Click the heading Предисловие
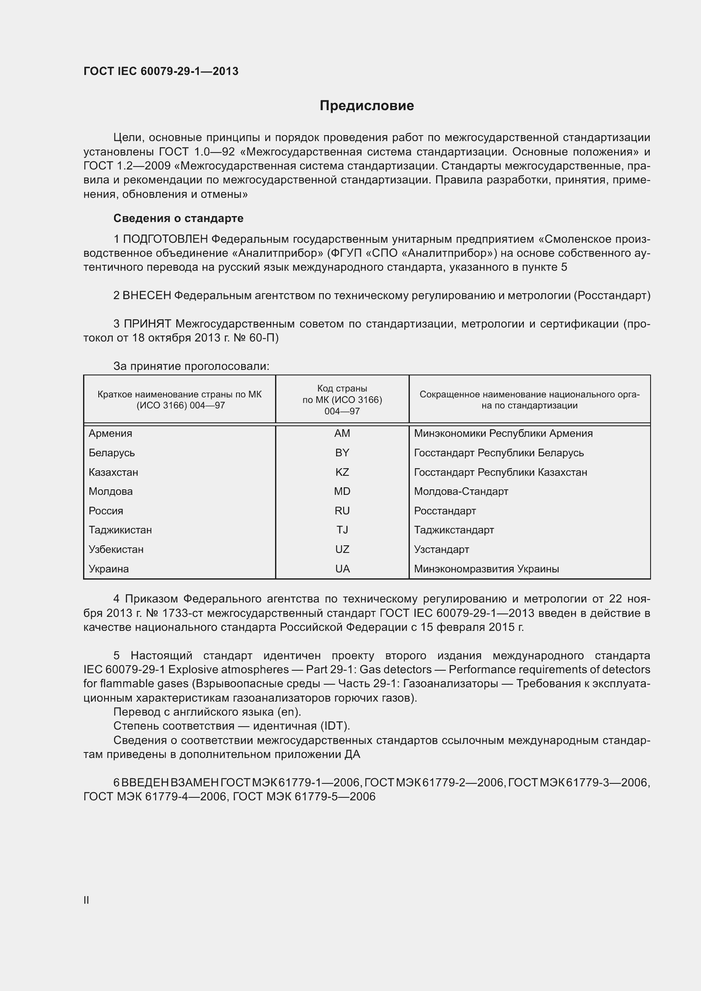click(x=367, y=106)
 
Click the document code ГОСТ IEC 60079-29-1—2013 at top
click(x=161, y=71)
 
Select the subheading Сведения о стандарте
click(x=178, y=218)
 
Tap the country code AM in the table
click(x=342, y=433)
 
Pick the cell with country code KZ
click(x=342, y=472)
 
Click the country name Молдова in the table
click(x=111, y=491)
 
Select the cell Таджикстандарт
click(x=453, y=530)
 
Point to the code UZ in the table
click(x=342, y=550)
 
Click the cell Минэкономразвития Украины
click(x=486, y=569)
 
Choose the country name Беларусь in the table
click(x=111, y=453)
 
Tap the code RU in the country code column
click(x=342, y=511)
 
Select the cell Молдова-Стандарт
click(x=461, y=491)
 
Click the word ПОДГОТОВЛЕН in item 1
click(x=166, y=239)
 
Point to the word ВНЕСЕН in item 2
click(x=147, y=296)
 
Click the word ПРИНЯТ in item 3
click(x=147, y=324)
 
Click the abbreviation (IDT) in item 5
click(x=335, y=726)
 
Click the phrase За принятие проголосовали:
click(x=191, y=366)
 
